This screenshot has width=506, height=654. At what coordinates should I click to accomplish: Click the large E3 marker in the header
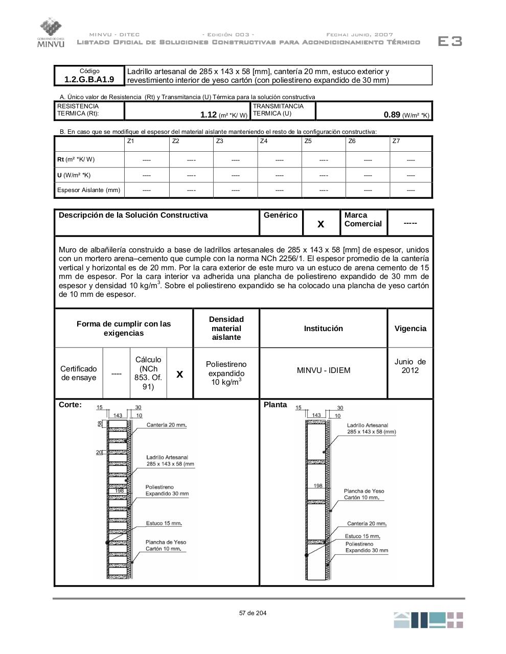pyautogui.click(x=450, y=41)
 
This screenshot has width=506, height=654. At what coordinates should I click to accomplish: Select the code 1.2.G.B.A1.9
pyautogui.click(x=89, y=80)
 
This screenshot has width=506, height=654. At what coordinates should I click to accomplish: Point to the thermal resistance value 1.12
pyautogui.click(x=209, y=115)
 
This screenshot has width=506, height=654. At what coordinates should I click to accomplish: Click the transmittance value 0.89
pyautogui.click(x=392, y=115)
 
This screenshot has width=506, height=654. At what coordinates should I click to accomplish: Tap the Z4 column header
pyautogui.click(x=264, y=141)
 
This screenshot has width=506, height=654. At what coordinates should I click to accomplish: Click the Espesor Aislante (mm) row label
pyautogui.click(x=88, y=190)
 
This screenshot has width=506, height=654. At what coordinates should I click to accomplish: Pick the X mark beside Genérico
pyautogui.click(x=321, y=224)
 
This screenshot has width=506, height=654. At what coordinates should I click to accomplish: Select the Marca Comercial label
pyautogui.click(x=363, y=220)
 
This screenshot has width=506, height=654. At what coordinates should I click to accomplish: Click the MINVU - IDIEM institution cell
pyautogui.click(x=324, y=370)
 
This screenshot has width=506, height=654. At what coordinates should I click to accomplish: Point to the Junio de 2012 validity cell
pyautogui.click(x=410, y=366)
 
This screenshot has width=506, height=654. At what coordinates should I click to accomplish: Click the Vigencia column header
pyautogui.click(x=410, y=329)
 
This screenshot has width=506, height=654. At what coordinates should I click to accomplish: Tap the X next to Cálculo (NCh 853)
pyautogui.click(x=179, y=374)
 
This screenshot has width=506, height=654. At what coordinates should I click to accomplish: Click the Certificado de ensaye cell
pyautogui.click(x=78, y=373)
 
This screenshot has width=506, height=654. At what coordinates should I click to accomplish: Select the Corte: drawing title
pyautogui.click(x=70, y=405)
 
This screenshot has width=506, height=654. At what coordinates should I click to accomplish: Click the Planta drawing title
pyautogui.click(x=275, y=405)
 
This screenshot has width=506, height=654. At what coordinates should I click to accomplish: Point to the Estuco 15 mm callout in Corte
pyautogui.click(x=164, y=523)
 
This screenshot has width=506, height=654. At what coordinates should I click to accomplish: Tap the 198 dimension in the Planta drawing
pyautogui.click(x=318, y=485)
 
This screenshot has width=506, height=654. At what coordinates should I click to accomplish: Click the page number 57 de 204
pyautogui.click(x=252, y=613)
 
